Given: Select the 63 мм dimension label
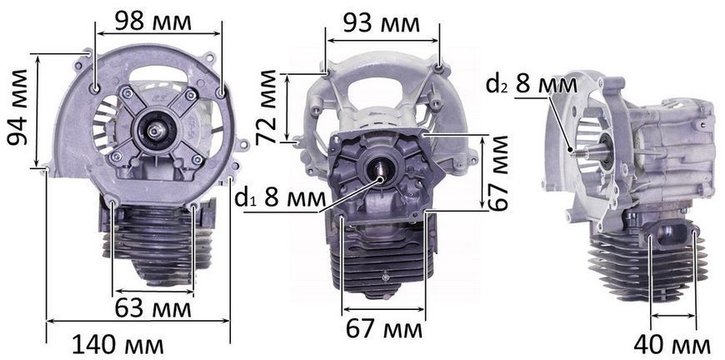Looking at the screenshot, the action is click(x=153, y=308).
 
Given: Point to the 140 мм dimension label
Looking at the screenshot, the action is click(x=118, y=345).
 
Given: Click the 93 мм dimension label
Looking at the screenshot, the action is click(x=382, y=24).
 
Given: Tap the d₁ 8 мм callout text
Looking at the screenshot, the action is click(x=280, y=198).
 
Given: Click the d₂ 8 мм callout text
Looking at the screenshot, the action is click(x=532, y=85).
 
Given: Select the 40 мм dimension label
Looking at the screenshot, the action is click(x=672, y=345).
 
